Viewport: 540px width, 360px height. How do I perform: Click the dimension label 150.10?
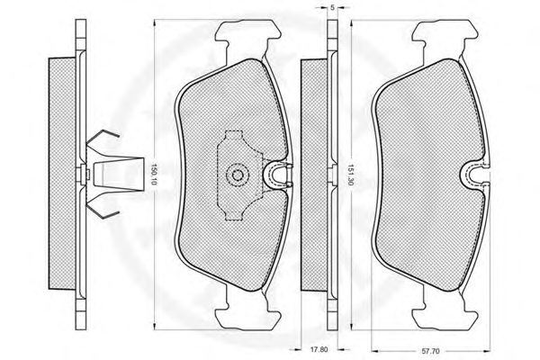[x=154, y=175]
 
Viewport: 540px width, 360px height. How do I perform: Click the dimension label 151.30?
[x=350, y=175]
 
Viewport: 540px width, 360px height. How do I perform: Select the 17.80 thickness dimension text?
[x=319, y=349]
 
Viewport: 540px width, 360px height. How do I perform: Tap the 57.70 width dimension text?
[x=430, y=351]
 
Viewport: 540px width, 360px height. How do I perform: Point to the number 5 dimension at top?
[x=332, y=7]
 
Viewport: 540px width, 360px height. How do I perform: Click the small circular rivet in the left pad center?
[x=237, y=175]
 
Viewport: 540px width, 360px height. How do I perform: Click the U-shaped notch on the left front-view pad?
[x=276, y=175]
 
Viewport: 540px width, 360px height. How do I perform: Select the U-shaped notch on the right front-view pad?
[x=474, y=175]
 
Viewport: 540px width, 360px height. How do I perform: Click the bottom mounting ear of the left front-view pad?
[x=248, y=315]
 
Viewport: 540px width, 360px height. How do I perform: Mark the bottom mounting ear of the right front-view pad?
[x=445, y=315]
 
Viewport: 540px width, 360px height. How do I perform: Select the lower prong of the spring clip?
[x=103, y=210]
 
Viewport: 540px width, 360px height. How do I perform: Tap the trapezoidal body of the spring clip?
[x=118, y=175]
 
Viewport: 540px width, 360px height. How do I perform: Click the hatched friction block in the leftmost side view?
[x=62, y=174]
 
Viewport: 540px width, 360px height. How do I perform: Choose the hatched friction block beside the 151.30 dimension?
[x=314, y=175]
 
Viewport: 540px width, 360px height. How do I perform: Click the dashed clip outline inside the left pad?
[x=239, y=175]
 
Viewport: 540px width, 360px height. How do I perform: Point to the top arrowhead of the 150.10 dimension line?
[x=154, y=22]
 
